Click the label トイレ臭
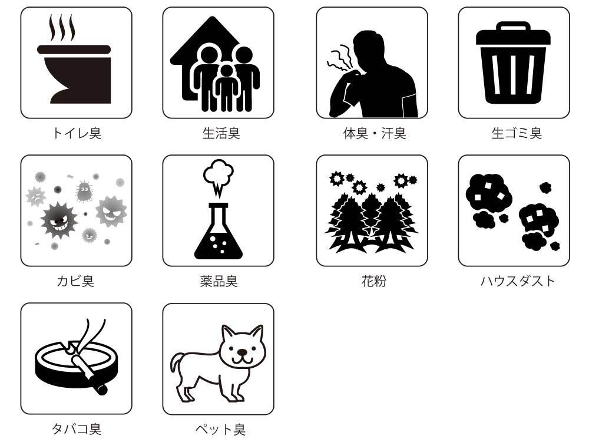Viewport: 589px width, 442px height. coord(77,133)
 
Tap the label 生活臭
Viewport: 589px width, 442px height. coord(221,133)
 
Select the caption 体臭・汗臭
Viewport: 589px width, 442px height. coord(375,133)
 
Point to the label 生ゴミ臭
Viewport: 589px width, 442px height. coord(517,133)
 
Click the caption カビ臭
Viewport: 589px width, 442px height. coord(75,281)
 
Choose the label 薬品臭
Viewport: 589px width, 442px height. coord(219,281)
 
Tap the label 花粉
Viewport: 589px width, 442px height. coord(374,281)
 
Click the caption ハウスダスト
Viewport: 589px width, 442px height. coord(518,281)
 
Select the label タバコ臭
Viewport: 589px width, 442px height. coord(77,428)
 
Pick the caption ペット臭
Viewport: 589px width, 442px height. coord(220,429)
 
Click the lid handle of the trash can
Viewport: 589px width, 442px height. coord(513,26)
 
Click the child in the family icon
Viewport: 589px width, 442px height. coord(227,88)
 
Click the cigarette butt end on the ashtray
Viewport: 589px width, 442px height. coord(101,390)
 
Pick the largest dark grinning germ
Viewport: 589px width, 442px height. coord(58,220)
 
